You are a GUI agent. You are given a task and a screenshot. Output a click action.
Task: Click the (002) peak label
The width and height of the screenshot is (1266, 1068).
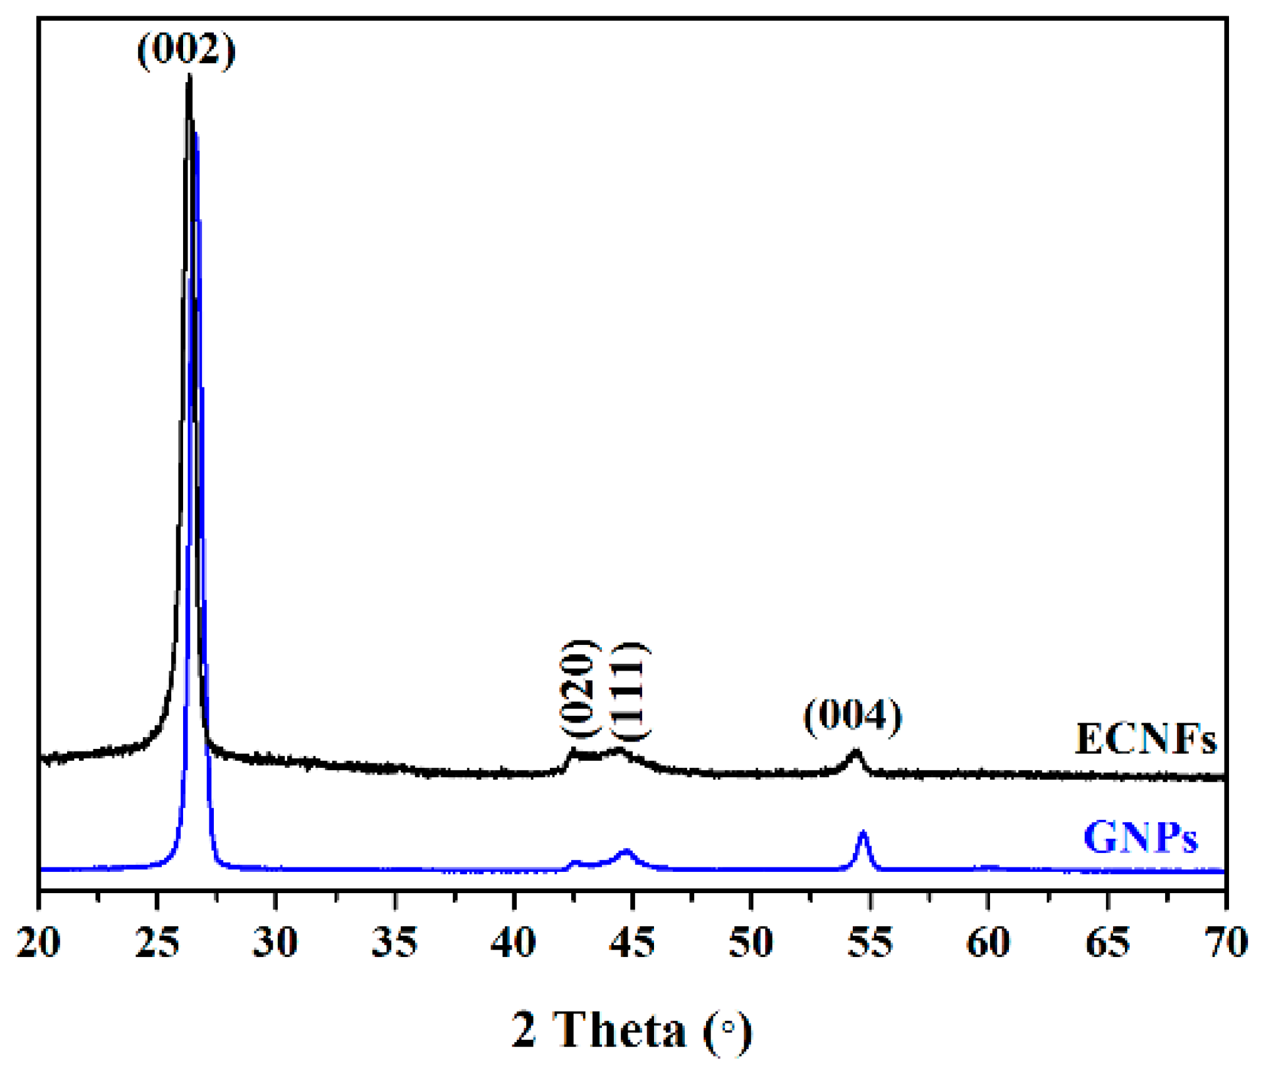click(x=186, y=50)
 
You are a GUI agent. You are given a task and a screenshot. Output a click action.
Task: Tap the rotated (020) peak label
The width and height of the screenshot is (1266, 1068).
click(x=579, y=689)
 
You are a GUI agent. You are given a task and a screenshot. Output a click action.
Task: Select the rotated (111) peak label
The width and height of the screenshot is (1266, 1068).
click(x=630, y=691)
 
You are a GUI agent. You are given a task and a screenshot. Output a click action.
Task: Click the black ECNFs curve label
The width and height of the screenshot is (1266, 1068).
click(x=1145, y=739)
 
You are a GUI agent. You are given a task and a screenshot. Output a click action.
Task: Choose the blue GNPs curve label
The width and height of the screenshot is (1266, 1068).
click(x=1140, y=837)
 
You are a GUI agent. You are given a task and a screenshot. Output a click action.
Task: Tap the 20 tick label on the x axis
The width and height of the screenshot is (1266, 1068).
click(x=39, y=942)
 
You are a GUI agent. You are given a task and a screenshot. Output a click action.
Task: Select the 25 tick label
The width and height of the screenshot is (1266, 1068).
click(x=157, y=942)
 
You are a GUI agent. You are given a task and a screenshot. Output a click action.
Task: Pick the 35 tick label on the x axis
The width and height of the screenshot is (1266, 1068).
click(x=394, y=942)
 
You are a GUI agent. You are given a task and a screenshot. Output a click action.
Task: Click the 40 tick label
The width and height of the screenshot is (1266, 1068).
click(x=513, y=942)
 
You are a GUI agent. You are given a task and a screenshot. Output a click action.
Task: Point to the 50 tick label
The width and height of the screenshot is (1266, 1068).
click(x=751, y=942)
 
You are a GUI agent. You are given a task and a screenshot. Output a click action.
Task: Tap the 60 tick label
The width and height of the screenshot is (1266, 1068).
click(x=988, y=942)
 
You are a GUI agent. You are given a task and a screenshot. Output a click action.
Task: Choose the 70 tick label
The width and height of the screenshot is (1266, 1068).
click(x=1225, y=942)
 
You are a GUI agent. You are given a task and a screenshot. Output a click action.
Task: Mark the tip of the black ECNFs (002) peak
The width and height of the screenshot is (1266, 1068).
click(x=189, y=76)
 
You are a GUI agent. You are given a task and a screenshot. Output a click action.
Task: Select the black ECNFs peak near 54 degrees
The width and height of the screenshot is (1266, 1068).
click(x=855, y=751)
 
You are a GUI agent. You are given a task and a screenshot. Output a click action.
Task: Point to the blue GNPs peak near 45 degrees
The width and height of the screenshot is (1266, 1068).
click(x=626, y=851)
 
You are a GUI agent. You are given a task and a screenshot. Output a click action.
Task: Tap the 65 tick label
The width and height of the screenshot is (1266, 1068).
click(x=1107, y=942)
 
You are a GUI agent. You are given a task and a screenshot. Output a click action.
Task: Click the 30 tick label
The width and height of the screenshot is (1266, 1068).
click(x=275, y=942)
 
